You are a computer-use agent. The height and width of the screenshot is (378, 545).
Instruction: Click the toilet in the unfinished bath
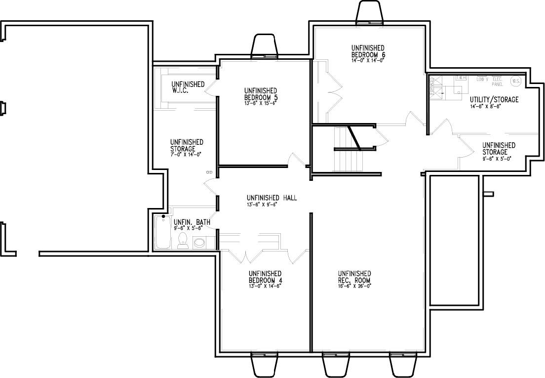click(182, 240)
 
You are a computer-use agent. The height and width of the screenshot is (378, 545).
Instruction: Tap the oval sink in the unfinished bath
click(199, 243)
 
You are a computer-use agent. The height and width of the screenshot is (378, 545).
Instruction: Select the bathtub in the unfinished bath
click(162, 233)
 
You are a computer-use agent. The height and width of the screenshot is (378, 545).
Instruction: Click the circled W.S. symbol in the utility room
click(516, 81)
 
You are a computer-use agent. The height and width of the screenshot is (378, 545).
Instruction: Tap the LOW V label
click(482, 79)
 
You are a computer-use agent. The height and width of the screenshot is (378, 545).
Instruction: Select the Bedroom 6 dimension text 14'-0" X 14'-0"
click(367, 60)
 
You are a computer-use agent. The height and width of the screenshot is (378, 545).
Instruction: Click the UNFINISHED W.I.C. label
click(188, 87)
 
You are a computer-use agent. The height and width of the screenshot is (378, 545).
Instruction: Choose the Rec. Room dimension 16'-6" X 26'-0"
click(354, 286)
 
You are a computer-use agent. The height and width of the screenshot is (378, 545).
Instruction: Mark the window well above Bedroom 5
click(265, 46)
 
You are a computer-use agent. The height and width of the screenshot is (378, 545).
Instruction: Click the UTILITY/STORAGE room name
click(494, 100)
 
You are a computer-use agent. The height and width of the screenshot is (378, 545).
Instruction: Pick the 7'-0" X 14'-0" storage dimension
click(186, 155)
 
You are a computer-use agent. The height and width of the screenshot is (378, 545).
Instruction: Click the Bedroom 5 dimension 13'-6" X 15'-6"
click(260, 103)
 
